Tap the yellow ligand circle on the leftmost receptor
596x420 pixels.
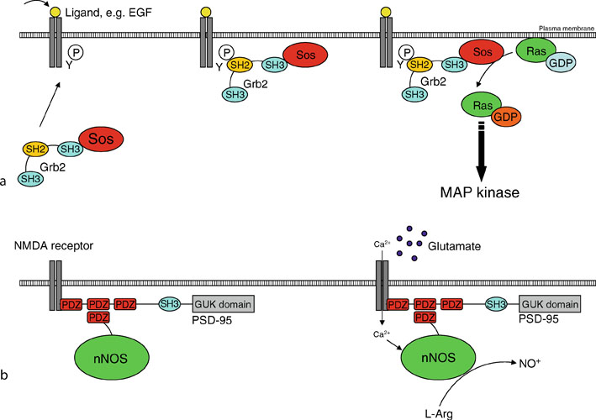click(55, 10)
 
